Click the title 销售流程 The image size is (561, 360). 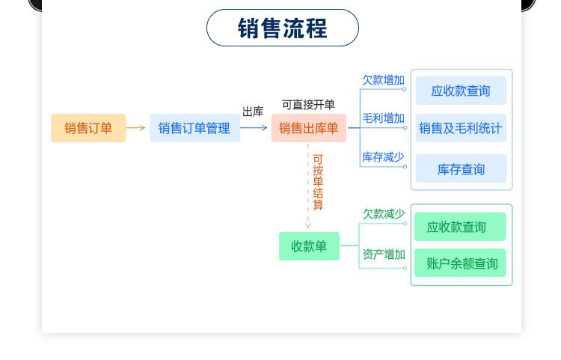click(282, 28)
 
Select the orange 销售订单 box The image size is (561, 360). click(88, 128)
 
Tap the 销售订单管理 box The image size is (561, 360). click(194, 128)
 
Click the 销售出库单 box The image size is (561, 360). click(308, 128)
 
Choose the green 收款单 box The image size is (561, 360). click(309, 246)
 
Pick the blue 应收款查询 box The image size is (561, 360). click(461, 91)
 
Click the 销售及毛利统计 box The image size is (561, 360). click(461, 128)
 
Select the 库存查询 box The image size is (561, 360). click(461, 169)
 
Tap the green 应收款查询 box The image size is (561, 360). click(456, 227)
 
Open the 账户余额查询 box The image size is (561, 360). click(462, 263)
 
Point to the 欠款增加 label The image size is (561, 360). click(383, 79)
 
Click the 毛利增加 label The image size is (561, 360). click(383, 118)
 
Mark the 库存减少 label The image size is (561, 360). click(383, 156)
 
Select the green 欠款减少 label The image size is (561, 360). click(383, 213)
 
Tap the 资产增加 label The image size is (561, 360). click(383, 254)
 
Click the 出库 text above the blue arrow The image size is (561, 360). click(253, 112)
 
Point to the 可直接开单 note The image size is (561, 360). click(308, 105)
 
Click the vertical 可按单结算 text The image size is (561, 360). click(318, 182)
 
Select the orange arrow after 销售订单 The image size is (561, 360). click(136, 128)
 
